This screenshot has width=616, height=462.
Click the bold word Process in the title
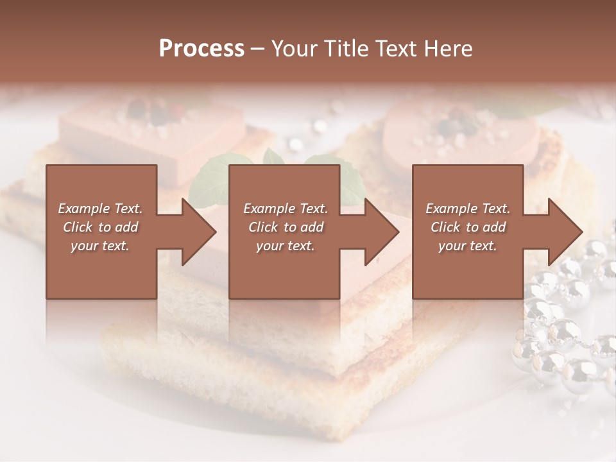tap(201, 49)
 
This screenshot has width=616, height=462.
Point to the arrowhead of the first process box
tap(199, 232)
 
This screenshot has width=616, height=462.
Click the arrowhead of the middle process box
tap(382, 232)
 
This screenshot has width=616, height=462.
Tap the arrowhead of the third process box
tap(565, 232)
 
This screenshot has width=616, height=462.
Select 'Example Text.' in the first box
tap(100, 209)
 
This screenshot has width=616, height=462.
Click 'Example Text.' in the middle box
tap(285, 209)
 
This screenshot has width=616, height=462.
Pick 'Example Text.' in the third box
tap(468, 209)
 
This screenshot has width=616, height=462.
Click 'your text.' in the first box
tap(100, 246)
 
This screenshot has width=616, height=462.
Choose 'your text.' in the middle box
tap(285, 246)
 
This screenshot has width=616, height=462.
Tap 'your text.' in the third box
tap(468, 246)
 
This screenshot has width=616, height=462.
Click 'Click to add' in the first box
tap(100, 227)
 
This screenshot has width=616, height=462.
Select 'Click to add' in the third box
tap(468, 227)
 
